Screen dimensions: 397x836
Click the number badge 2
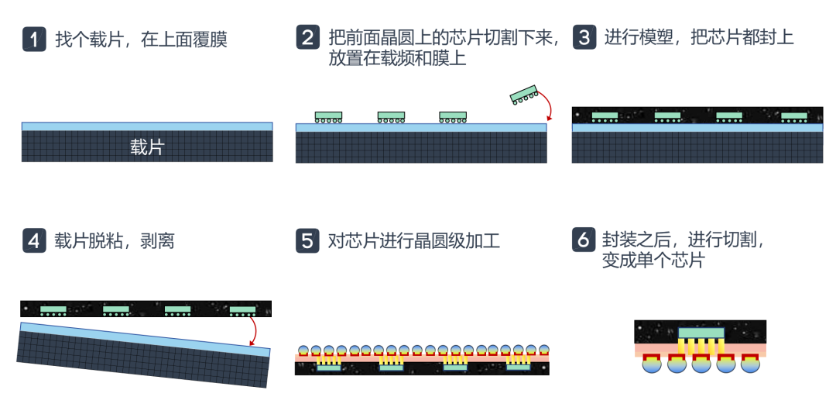pyautogui.click(x=307, y=38)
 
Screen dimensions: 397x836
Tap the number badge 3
pyautogui.click(x=584, y=38)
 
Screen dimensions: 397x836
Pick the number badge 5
pyautogui.click(x=307, y=240)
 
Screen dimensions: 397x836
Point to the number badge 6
pyautogui.click(x=584, y=240)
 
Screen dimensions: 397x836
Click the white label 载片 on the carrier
pyautogui.click(x=146, y=147)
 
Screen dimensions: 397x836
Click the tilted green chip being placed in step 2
pyautogui.click(x=524, y=93)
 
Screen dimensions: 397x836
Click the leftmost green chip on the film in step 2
pyautogui.click(x=328, y=116)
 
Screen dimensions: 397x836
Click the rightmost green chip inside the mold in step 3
pyautogui.click(x=793, y=116)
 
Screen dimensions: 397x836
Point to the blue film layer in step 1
pyautogui.click(x=146, y=126)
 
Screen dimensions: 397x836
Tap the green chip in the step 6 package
pyautogui.click(x=701, y=333)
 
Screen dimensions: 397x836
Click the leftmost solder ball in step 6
pyautogui.click(x=653, y=364)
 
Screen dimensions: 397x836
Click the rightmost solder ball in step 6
pyautogui.click(x=749, y=364)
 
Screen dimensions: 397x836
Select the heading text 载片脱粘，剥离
pyautogui.click(x=115, y=241)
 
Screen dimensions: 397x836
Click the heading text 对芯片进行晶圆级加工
pyautogui.click(x=413, y=241)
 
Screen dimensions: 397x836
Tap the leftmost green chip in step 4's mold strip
pyautogui.click(x=53, y=309)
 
